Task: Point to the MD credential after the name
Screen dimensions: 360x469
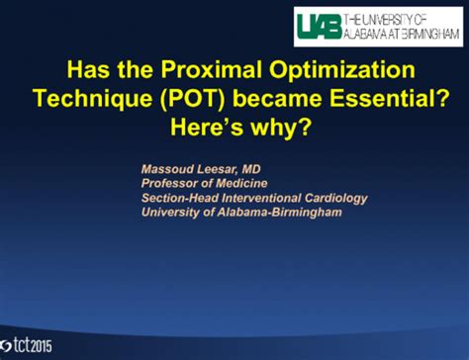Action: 261,169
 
